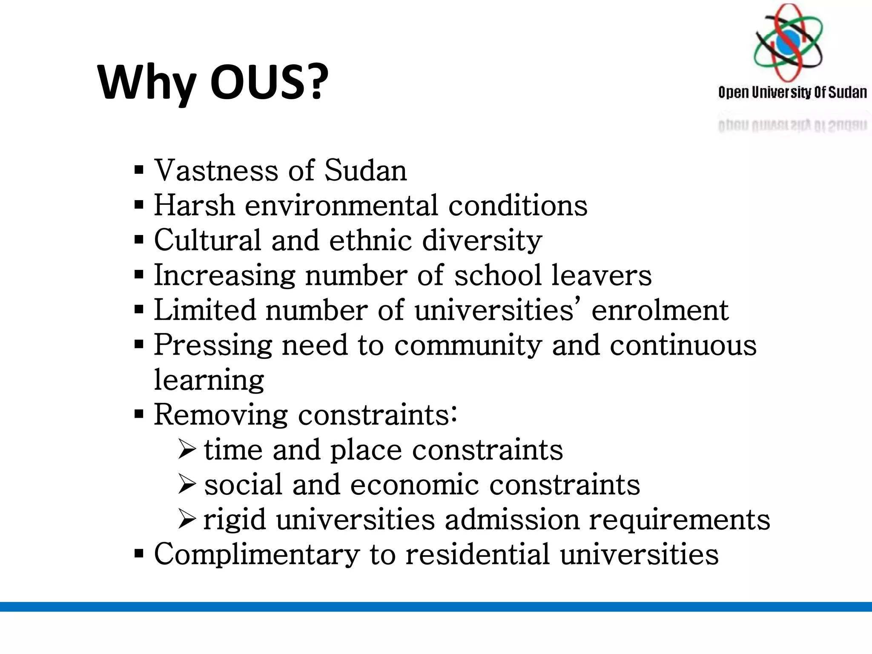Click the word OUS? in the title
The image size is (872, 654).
click(x=269, y=82)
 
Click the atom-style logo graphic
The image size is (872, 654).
click(x=789, y=43)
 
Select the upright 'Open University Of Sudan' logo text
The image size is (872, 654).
click(x=792, y=92)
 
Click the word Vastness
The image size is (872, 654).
click(x=216, y=170)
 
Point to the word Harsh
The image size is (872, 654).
click(x=194, y=205)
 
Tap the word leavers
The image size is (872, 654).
click(x=601, y=275)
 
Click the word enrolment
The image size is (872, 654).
click(x=660, y=310)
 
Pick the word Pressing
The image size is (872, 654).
click(x=212, y=345)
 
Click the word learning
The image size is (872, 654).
click(x=209, y=381)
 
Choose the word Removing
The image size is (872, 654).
click(x=221, y=415)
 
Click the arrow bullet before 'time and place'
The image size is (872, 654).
click(x=187, y=450)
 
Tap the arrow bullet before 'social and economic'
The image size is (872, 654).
click(x=187, y=485)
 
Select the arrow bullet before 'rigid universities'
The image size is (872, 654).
click(x=187, y=519)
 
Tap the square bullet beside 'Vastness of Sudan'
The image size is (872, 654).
click(x=139, y=170)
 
